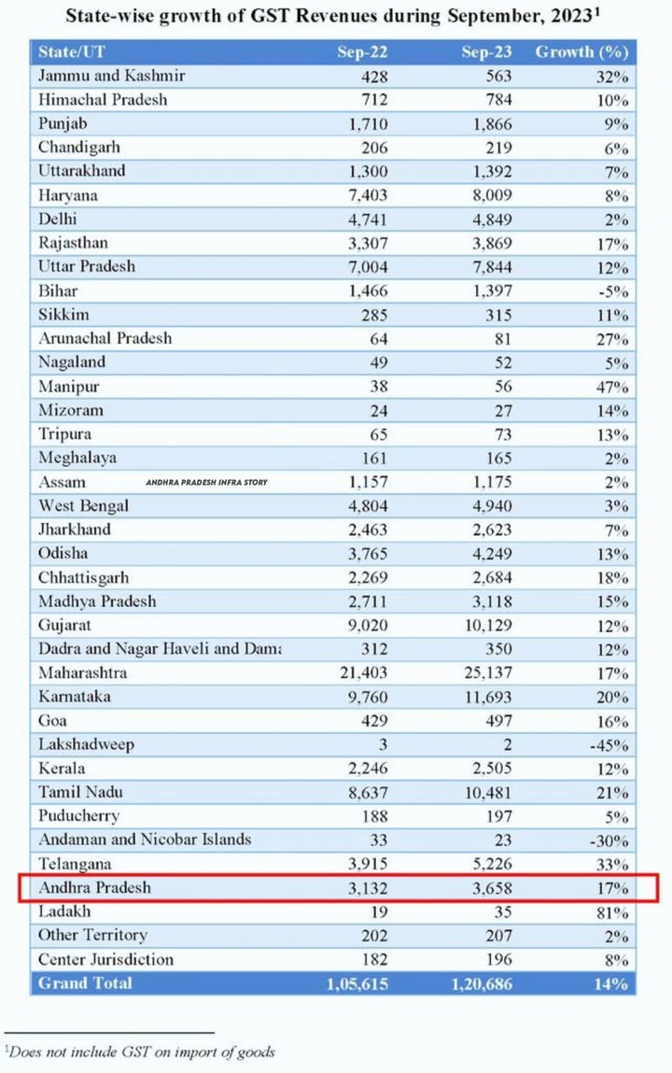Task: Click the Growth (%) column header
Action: [x=581, y=52]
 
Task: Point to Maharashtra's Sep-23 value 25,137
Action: [x=486, y=673]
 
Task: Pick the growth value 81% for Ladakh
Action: [x=611, y=911]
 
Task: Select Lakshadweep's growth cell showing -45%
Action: [x=609, y=745]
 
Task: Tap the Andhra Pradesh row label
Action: [x=94, y=887]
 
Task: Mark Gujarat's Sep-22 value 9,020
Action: [x=362, y=625]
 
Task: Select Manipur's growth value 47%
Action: [x=611, y=386]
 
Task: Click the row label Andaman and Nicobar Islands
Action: [x=145, y=840]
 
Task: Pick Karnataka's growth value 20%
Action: [x=611, y=697]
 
